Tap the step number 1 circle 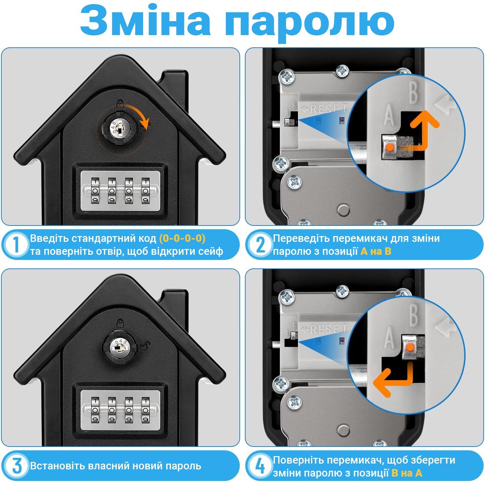click(16, 244)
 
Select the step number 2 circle click(260, 244)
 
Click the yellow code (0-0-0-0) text click(182, 238)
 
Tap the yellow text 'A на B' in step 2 click(376, 251)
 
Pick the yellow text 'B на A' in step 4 click(407, 473)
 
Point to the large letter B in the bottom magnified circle click(414, 315)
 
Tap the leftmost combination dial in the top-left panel click(95, 191)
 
